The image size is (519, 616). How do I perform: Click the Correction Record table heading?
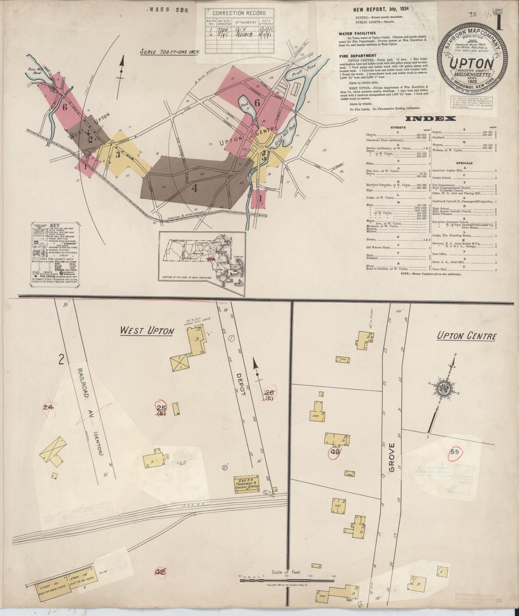(239, 13)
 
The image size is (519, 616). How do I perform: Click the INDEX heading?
(431, 119)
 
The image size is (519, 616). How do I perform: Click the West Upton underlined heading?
(147, 331)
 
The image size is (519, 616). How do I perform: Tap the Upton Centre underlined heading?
(466, 336)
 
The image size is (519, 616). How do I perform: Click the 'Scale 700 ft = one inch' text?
(170, 52)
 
